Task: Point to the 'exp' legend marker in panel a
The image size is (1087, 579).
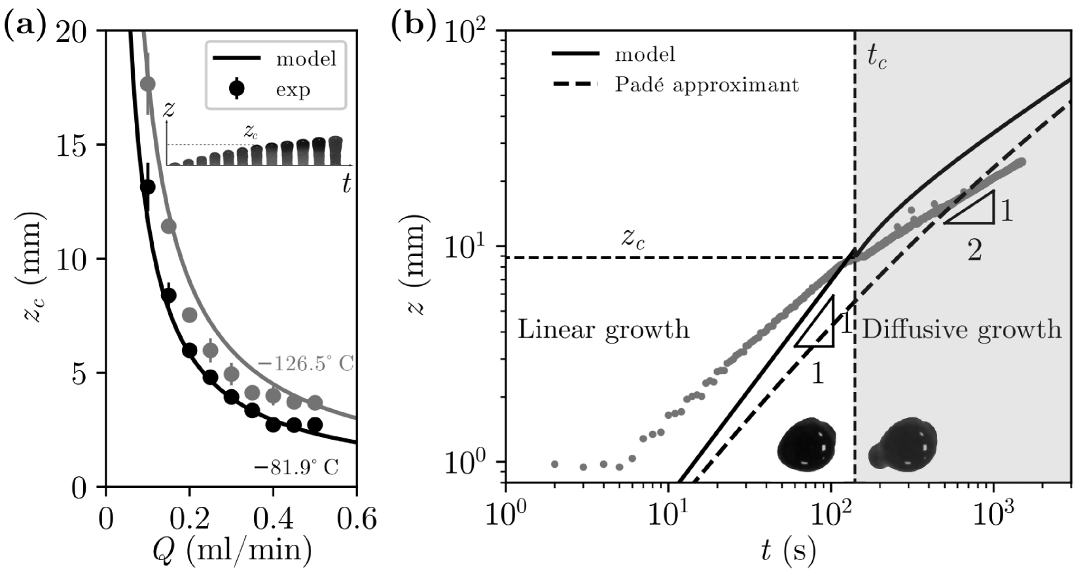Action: tap(236, 88)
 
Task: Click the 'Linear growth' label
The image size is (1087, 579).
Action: tap(603, 329)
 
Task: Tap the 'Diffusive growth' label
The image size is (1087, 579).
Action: tap(961, 329)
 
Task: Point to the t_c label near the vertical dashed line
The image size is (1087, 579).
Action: tap(877, 60)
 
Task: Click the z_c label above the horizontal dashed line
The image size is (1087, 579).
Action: tap(633, 239)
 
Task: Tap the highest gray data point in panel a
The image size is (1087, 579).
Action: tap(148, 84)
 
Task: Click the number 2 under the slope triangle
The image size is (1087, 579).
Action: tap(974, 250)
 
